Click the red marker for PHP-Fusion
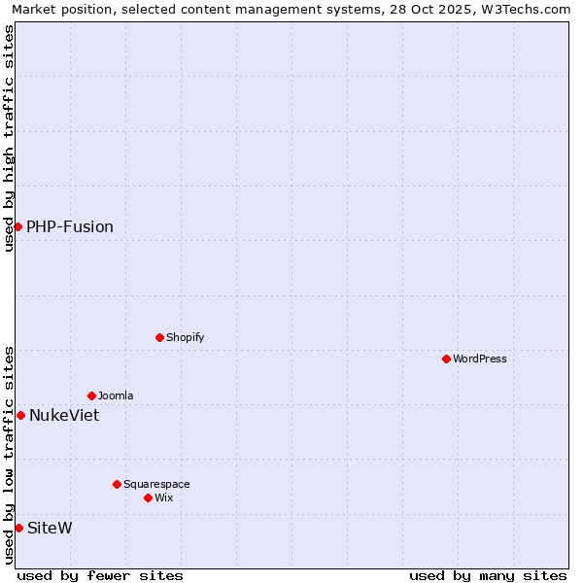17,226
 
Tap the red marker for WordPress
446,359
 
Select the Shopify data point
159,337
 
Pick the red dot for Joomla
91,395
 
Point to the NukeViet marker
20,415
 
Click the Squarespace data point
117,484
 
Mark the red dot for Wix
148,497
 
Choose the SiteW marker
18,528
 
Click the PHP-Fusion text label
70,226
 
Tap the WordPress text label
480,359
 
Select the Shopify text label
185,337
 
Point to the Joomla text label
116,395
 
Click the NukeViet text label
64,415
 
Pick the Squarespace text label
156,484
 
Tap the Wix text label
163,497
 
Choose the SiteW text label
50,528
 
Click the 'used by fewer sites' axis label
100,575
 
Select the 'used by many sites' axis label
488,575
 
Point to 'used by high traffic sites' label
9,138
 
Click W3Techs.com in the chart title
523,9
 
